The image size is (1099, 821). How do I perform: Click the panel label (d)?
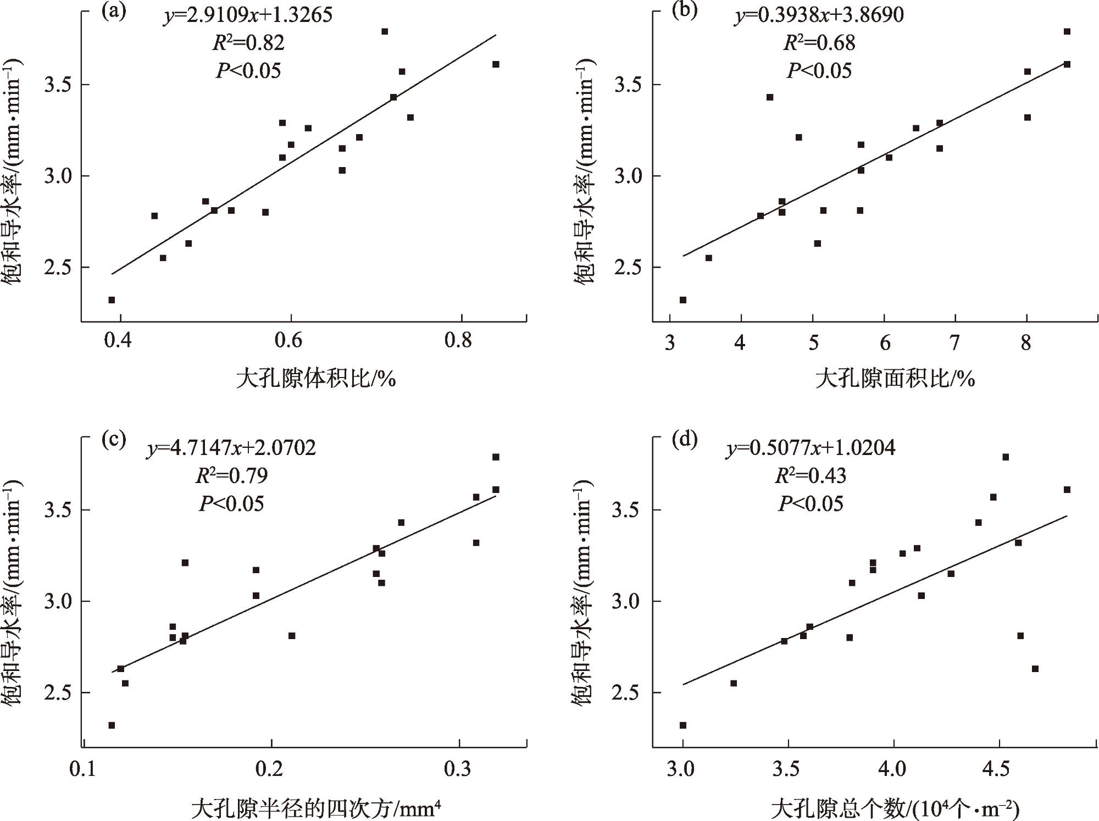(685, 440)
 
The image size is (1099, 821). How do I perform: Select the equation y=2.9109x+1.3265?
(248, 15)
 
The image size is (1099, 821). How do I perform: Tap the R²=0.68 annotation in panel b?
(819, 42)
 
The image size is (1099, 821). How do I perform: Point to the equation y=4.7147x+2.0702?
(231, 448)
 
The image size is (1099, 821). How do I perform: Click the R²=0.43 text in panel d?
(811, 475)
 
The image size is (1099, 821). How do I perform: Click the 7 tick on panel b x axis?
(954, 342)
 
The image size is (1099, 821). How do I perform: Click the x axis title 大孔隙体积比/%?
(316, 379)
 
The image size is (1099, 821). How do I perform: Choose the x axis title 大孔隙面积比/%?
(895, 379)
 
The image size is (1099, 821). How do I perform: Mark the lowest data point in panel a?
(112, 300)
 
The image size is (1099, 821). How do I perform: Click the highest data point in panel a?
(385, 31)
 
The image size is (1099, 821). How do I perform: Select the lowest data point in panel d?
(683, 725)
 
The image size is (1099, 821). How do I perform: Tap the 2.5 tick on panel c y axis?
(57, 693)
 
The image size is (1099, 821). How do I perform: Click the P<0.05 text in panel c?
(231, 503)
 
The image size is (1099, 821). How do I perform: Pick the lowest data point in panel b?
(683, 300)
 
